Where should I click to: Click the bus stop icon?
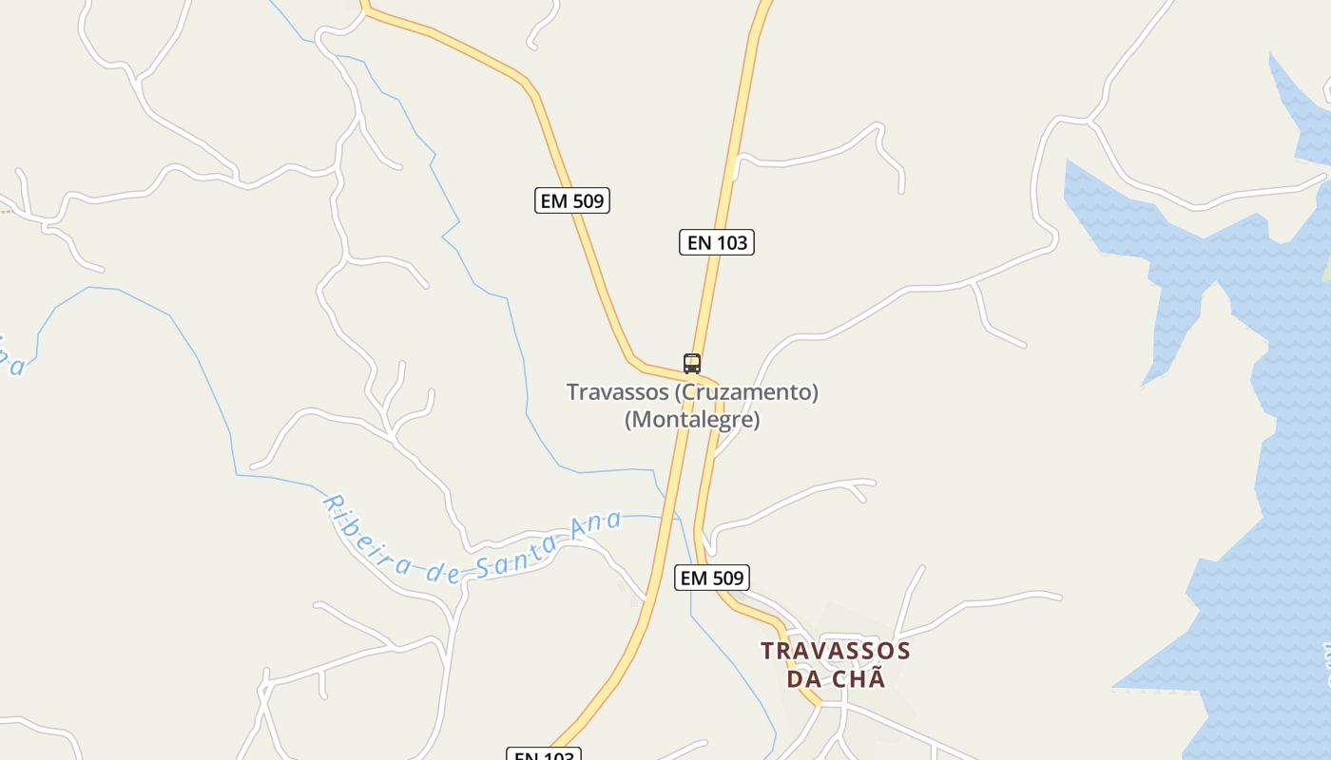pos(692,363)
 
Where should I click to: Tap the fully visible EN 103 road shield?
pos(717,242)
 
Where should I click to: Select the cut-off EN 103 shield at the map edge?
pos(543,754)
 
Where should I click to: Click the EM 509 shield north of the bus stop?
pos(571,200)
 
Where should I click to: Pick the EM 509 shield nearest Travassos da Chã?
pos(712,577)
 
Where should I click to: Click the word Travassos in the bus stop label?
pos(615,391)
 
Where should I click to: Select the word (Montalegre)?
pos(692,419)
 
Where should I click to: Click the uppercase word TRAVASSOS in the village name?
pos(836,651)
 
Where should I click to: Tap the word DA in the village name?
pos(803,679)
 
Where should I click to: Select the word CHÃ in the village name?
pos(859,678)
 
